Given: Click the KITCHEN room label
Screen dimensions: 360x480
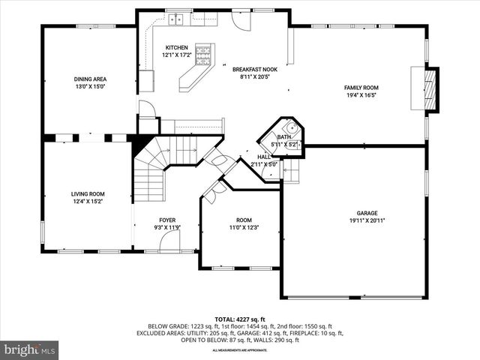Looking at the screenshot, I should click(177, 47).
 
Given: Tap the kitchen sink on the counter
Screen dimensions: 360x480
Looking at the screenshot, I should click(177, 20).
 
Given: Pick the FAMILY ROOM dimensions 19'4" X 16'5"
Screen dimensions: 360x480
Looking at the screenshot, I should click(361, 95).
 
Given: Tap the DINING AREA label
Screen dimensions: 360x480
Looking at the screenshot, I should click(88, 79).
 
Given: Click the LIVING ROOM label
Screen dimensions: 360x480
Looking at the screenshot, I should click(88, 193).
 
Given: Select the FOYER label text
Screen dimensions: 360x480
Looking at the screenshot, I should click(167, 220).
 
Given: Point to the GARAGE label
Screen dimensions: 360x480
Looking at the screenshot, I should click(367, 212).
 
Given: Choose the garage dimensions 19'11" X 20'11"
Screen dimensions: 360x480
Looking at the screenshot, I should click(367, 220).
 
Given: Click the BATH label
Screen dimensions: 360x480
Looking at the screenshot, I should click(283, 137).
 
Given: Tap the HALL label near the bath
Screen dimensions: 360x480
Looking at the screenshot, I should click(264, 157).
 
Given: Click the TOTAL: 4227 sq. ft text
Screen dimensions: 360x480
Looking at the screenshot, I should click(240, 319).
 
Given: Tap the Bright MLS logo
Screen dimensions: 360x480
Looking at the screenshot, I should click(30, 349).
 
